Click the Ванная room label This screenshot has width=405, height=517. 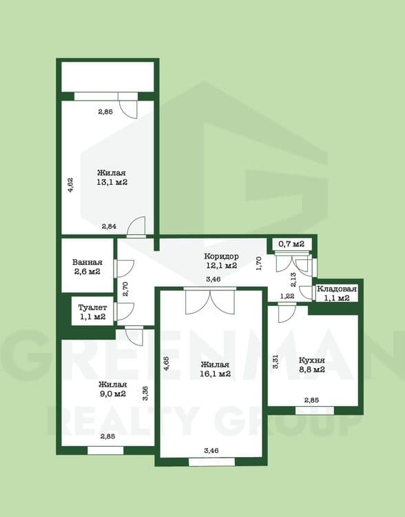click(x=87, y=263)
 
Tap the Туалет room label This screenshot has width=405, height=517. click(x=92, y=307)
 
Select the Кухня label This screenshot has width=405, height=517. click(x=312, y=360)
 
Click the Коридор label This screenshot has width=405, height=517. click(x=221, y=256)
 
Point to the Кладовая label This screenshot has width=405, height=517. click(x=337, y=289)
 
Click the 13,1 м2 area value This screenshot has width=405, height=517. click(x=112, y=182)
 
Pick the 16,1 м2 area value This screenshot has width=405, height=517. click(x=215, y=374)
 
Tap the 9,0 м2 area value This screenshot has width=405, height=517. click(x=112, y=394)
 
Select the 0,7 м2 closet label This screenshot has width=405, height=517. click(x=291, y=244)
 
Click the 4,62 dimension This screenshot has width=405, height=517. click(x=70, y=185)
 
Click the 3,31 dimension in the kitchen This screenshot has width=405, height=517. click(x=276, y=361)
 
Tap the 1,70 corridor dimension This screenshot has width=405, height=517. click(x=259, y=263)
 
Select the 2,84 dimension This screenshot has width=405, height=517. click(x=109, y=227)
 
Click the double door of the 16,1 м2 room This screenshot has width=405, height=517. click(x=210, y=301)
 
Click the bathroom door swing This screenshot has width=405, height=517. click(x=124, y=268)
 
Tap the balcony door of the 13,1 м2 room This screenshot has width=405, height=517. click(x=128, y=105)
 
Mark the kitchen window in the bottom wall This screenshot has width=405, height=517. click(x=315, y=411)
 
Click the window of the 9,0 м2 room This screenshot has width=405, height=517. click(x=105, y=450)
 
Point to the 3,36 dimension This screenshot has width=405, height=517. click(x=145, y=394)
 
